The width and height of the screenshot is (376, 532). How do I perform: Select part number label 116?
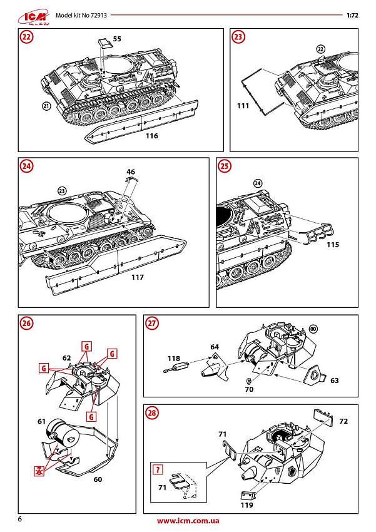(x=151, y=136)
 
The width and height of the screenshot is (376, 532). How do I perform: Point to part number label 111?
(x=243, y=106)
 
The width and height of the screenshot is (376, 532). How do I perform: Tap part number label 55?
(x=117, y=39)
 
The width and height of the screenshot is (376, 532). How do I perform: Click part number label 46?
(x=130, y=171)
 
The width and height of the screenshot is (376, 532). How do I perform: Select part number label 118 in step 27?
(x=173, y=358)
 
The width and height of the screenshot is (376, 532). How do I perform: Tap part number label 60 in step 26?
(x=98, y=480)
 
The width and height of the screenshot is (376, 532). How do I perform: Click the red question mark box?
(x=159, y=469)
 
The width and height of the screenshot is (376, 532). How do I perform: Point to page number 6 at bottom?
(x=21, y=519)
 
